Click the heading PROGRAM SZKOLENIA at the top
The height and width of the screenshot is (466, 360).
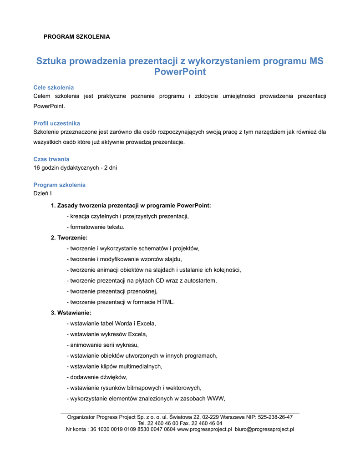click(76, 36)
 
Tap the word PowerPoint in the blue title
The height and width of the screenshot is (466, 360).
click(180, 72)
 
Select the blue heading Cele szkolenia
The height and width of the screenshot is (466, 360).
click(54, 87)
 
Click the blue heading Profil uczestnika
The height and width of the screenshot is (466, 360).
click(57, 123)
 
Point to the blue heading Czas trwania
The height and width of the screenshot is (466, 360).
click(51, 159)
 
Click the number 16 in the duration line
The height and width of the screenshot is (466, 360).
click(37, 168)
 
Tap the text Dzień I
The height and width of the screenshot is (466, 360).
click(43, 193)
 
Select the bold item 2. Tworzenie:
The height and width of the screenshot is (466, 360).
click(69, 238)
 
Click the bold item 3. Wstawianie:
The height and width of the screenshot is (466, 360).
click(71, 313)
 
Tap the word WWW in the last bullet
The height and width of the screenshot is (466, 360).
click(216, 399)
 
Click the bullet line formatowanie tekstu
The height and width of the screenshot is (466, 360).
click(95, 227)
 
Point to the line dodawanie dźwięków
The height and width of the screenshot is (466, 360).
click(96, 377)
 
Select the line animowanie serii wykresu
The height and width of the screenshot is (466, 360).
click(102, 345)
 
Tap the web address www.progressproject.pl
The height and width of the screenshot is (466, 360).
click(204, 429)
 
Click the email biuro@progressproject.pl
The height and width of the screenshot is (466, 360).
click(264, 429)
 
